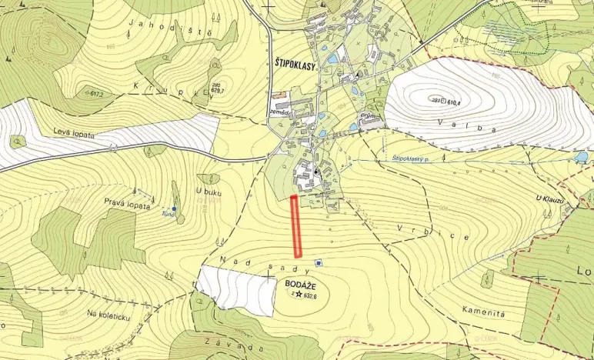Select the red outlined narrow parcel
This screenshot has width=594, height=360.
(x=296, y=226)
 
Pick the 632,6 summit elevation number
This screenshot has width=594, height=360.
(x=311, y=295)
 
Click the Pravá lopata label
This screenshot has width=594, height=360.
(x=126, y=202)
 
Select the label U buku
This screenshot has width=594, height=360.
(x=209, y=192)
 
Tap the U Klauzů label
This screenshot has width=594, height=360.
(x=550, y=198)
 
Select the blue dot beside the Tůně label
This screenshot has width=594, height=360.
(x=175, y=208)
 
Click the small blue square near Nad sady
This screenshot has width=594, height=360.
(x=319, y=263)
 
